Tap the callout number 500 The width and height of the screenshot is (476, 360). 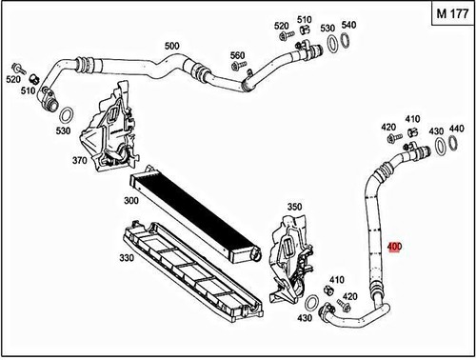171,46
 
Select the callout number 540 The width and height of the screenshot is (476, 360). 348,25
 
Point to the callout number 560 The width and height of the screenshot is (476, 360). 237,55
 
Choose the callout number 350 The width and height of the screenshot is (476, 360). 294,207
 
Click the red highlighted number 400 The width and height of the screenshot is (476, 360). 394,248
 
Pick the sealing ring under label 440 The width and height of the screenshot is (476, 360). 445,145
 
